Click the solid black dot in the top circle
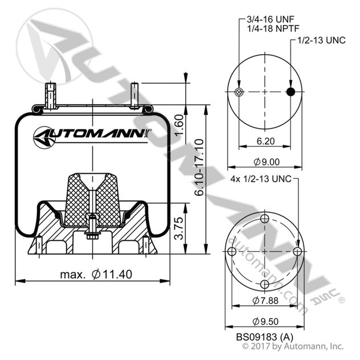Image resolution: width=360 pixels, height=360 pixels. tap(291, 93)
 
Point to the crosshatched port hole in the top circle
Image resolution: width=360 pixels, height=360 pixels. tap(239, 93)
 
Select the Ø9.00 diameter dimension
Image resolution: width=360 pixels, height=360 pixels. tap(264, 161)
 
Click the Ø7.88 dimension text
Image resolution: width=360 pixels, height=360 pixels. tap(265, 300)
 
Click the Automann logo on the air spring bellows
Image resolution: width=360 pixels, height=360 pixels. tap(91, 135)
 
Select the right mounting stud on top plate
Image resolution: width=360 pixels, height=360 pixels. tap(135, 93)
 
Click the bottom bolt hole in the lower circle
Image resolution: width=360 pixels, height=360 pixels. tap(265, 284)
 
